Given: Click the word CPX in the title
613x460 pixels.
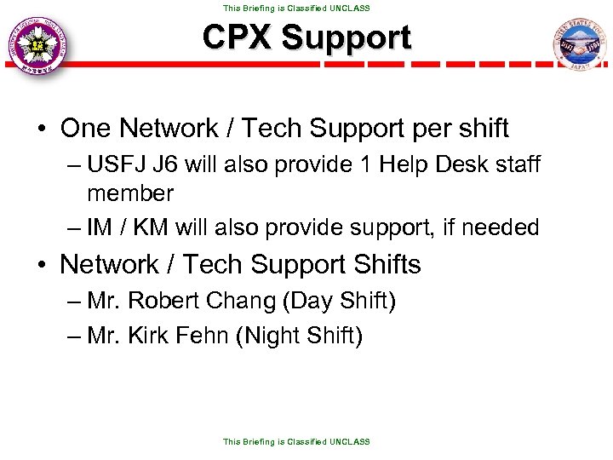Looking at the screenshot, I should (x=236, y=37).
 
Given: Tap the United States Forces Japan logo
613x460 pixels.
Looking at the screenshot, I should (x=578, y=47).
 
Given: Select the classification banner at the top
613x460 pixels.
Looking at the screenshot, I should (x=296, y=8).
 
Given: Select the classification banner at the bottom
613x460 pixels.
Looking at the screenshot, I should (x=296, y=441).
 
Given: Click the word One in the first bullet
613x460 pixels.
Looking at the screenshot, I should (x=87, y=129).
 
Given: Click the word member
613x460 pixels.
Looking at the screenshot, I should (x=130, y=193).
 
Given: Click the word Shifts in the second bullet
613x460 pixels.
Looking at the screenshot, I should (x=382, y=265).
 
